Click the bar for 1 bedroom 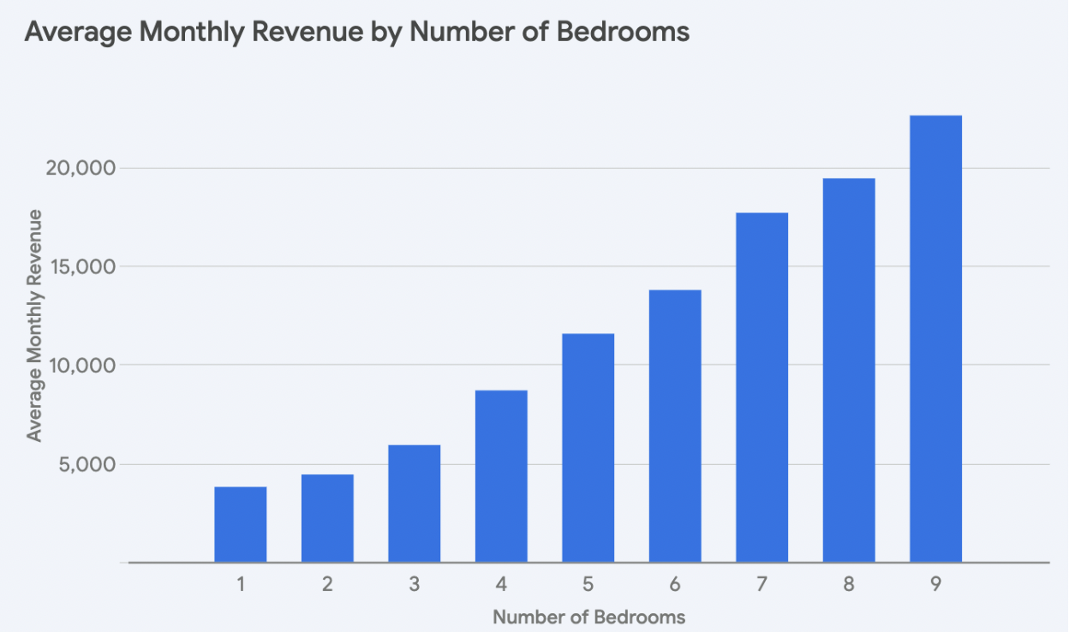coord(241,524)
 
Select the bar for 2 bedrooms coord(327,518)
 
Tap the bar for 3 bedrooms coord(414,504)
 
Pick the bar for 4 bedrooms coord(501,476)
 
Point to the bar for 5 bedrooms coord(588,448)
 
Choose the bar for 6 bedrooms coord(675,426)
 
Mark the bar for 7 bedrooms coord(761,387)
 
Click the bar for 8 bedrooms coord(849,370)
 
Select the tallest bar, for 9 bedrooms coord(935,338)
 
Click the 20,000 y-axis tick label coord(79,168)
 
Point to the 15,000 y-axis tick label coord(79,266)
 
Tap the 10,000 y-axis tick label coord(79,365)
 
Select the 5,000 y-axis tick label coord(84,464)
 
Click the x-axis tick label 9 coord(935,585)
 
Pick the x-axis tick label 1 coord(241,585)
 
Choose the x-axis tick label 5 coord(588,585)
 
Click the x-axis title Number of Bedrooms coord(588,617)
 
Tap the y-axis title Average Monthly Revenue coord(34,325)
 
